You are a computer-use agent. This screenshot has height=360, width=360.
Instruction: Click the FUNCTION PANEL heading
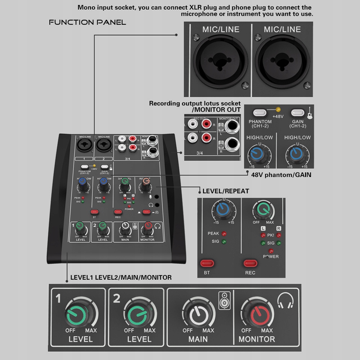point(87,23)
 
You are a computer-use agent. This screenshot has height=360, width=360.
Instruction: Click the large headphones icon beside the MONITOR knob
point(286,301)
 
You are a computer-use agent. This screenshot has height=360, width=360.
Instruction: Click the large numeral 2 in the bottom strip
point(116,299)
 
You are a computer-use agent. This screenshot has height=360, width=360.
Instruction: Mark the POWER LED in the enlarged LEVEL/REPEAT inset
point(271,251)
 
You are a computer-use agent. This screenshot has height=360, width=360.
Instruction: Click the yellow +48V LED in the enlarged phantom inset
point(278,109)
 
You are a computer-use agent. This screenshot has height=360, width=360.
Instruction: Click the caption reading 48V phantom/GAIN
point(281,175)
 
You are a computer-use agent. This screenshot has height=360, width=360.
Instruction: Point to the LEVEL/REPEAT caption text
point(226,191)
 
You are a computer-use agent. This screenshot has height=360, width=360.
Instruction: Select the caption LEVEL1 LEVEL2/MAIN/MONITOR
point(121,278)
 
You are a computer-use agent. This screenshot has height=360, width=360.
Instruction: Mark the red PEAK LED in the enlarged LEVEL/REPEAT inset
point(224,234)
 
